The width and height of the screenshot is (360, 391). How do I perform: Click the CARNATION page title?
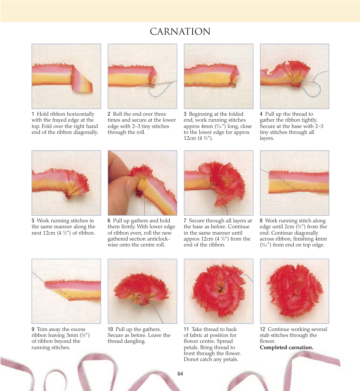180,32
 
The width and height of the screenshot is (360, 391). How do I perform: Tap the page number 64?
180,374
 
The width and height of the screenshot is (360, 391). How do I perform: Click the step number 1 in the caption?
33,114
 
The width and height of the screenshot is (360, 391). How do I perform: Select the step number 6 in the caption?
109,221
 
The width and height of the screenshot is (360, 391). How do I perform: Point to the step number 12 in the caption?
262,329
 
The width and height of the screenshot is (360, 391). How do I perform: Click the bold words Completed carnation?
287,348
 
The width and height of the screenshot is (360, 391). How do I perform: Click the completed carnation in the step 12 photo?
295,291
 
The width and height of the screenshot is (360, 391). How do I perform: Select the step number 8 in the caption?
261,221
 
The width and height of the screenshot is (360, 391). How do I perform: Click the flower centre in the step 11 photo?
220,290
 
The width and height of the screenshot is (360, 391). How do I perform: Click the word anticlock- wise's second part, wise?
113,245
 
